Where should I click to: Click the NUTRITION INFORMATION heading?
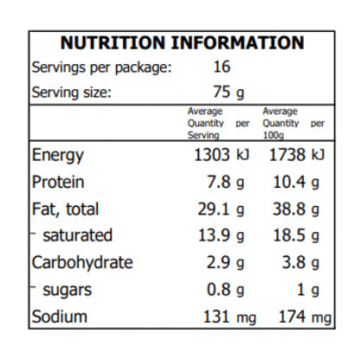(x=181, y=43)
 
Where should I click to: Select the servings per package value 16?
(x=222, y=67)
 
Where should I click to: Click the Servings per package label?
(x=100, y=67)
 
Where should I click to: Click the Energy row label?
(x=57, y=156)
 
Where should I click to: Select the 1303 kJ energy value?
(x=225, y=156)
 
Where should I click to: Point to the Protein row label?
(x=57, y=183)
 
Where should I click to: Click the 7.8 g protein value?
(x=228, y=183)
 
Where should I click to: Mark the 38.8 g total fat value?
(x=299, y=209)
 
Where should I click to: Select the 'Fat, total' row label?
(x=65, y=209)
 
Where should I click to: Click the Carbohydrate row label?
(x=82, y=263)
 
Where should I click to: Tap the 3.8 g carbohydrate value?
(x=303, y=263)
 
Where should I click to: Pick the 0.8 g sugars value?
(x=229, y=290)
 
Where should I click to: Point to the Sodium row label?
(x=59, y=317)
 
